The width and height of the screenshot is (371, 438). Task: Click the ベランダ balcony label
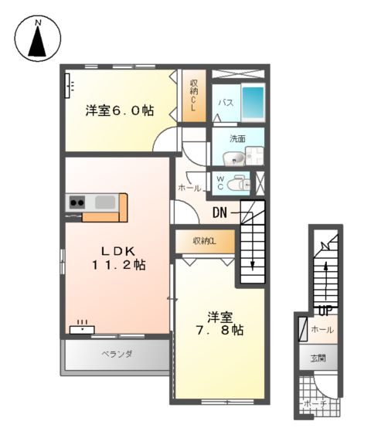point(117,355)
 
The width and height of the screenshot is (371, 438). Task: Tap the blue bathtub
point(252,101)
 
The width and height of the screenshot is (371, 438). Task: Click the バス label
point(225,102)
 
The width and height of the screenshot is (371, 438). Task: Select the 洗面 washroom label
point(237,139)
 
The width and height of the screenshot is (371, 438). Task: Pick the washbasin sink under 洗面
point(235,158)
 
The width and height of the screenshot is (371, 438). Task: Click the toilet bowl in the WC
point(241,184)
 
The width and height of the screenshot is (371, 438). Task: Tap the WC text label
point(220,184)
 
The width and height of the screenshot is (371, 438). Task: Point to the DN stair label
point(220,211)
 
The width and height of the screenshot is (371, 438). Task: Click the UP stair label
point(324,311)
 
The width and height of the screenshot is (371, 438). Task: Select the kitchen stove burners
point(77,203)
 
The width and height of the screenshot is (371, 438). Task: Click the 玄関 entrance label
point(318,358)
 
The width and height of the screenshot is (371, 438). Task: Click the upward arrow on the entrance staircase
point(325,270)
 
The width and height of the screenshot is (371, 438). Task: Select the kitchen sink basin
point(104,202)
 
